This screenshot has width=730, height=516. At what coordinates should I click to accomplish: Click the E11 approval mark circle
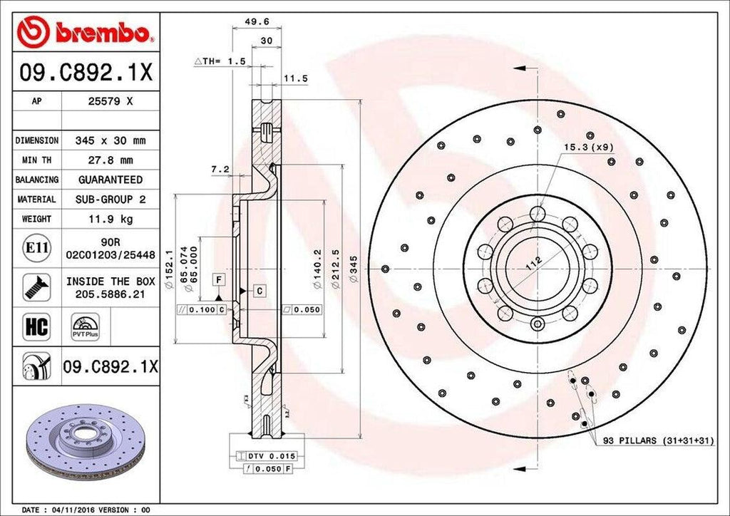click(x=36, y=248)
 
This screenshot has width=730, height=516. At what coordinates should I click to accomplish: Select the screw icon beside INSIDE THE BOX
click(x=36, y=287)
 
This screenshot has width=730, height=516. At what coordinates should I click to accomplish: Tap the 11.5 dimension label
click(x=295, y=78)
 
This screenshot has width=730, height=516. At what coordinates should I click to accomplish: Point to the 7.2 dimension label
click(x=219, y=170)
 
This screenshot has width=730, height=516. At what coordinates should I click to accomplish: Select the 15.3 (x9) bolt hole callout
click(x=588, y=147)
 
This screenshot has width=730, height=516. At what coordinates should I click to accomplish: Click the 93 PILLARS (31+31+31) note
click(x=652, y=441)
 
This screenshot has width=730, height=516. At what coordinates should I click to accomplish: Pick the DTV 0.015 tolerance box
click(x=264, y=455)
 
